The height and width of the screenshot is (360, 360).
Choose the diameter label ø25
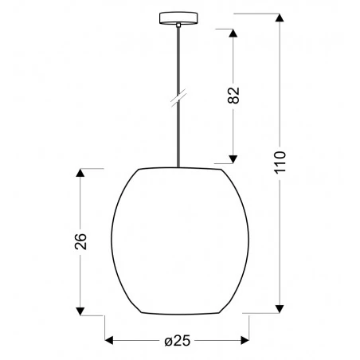(x=178, y=342)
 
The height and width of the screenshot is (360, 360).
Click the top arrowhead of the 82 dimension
(x=234, y=35)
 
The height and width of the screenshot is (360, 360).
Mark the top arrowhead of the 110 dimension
(x=280, y=18)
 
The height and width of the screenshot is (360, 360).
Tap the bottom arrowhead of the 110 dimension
(x=280, y=306)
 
